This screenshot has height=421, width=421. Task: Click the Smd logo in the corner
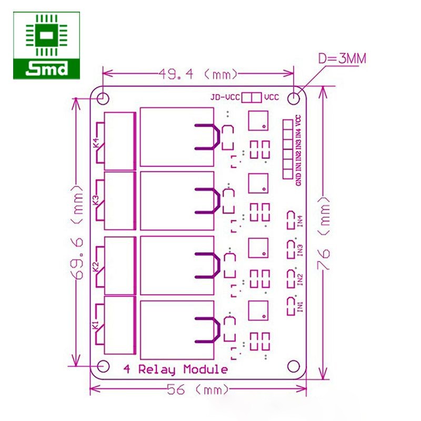tap(47, 46)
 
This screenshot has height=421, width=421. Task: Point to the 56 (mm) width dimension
tap(198, 390)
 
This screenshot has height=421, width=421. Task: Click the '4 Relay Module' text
tap(175, 369)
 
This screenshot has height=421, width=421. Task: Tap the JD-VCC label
tap(225, 97)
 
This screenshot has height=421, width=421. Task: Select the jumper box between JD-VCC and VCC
tap(251, 97)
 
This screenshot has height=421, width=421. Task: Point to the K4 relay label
tap(96, 143)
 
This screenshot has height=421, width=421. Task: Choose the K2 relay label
tap(96, 267)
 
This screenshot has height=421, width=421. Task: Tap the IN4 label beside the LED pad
tap(300, 220)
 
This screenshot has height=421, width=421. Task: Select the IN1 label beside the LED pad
tap(300, 306)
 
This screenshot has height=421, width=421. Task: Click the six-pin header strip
tap(287, 148)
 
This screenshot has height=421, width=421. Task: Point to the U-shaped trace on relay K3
tap(207, 201)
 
